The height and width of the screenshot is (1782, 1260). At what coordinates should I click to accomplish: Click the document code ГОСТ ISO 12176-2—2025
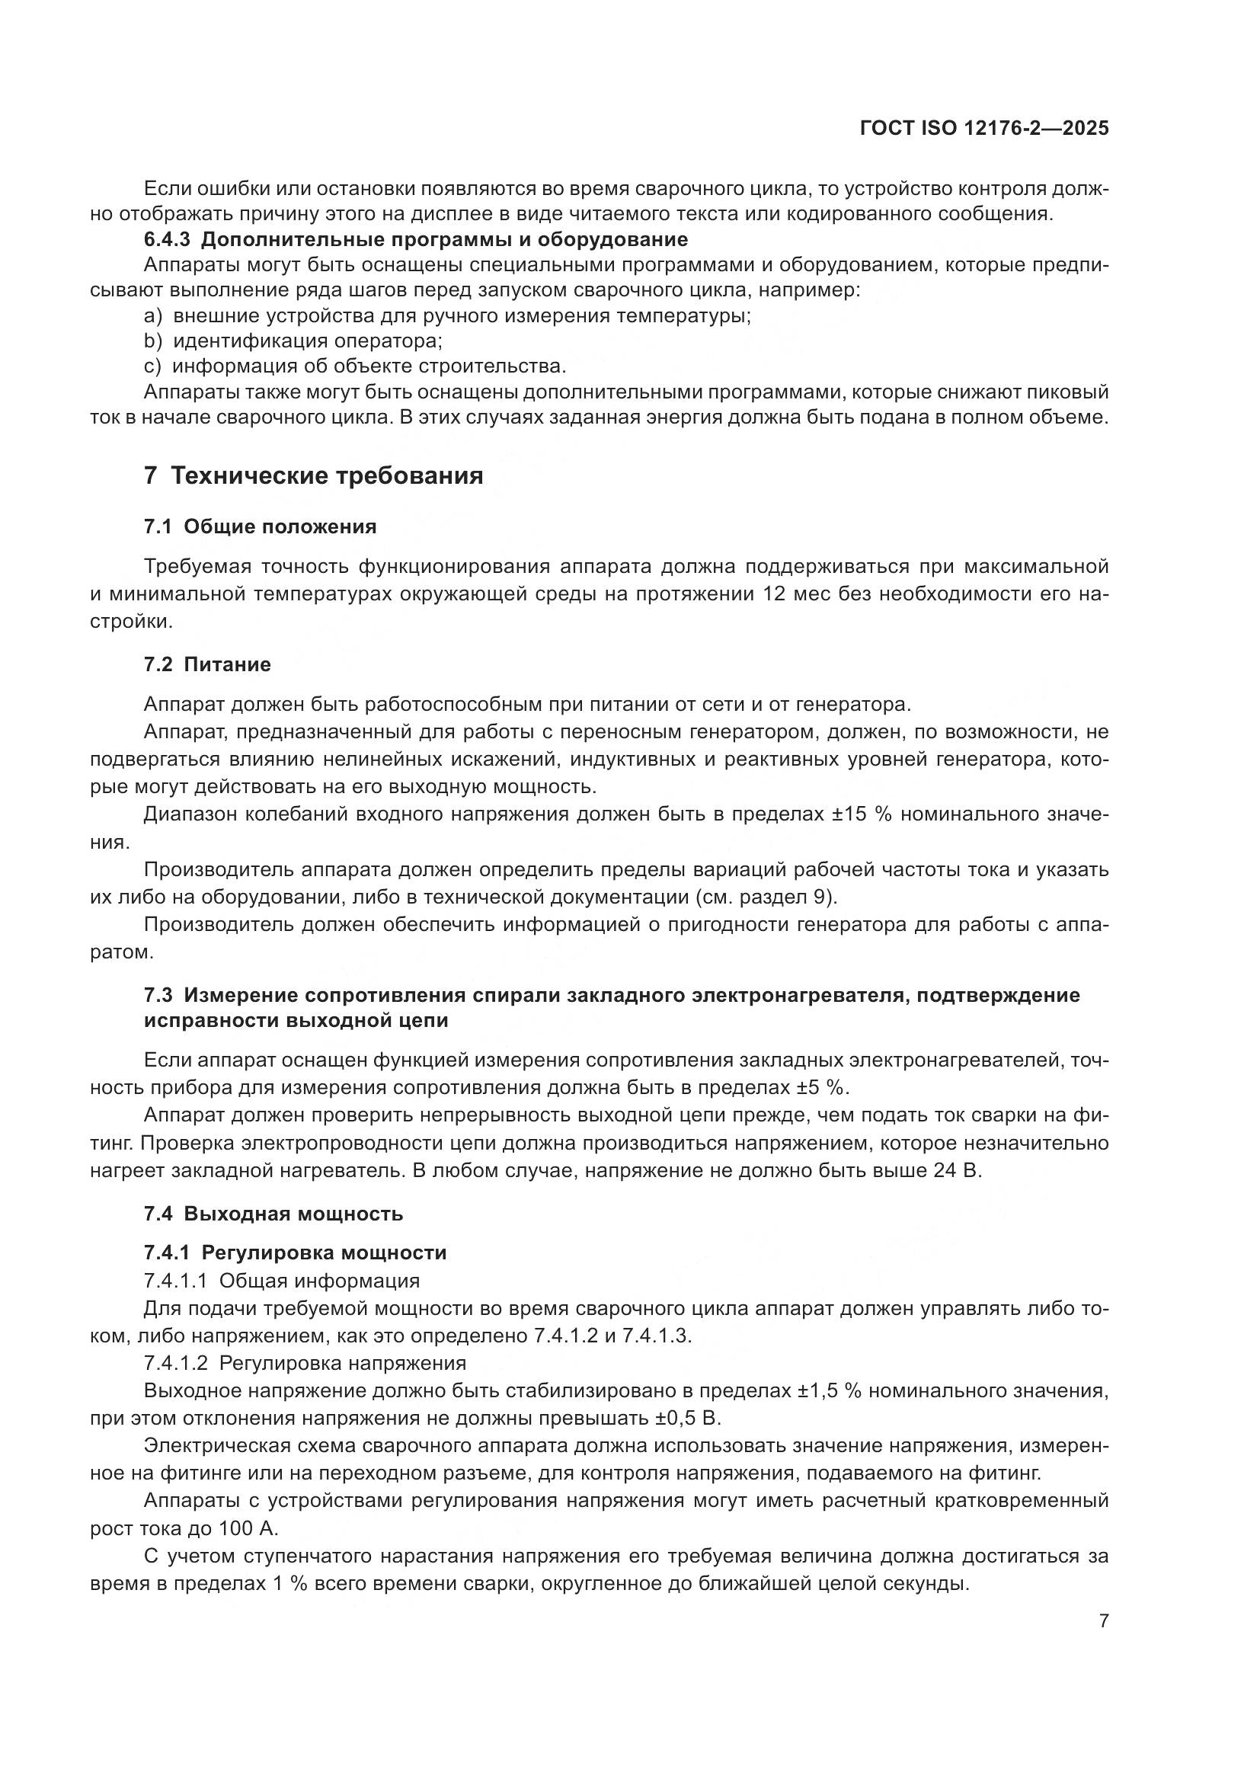[x=983, y=129]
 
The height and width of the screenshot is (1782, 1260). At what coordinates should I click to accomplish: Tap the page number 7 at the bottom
[x=1103, y=1621]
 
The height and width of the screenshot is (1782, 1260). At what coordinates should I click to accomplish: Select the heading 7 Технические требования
[x=313, y=475]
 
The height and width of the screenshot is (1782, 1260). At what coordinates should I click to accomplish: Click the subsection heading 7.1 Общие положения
[x=260, y=527]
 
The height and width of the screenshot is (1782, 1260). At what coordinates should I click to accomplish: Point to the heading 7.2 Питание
[x=207, y=664]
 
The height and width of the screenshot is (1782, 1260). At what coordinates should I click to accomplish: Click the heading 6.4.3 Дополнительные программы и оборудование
[x=416, y=239]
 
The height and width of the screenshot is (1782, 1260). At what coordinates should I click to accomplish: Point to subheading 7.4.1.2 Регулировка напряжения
[x=305, y=1363]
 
